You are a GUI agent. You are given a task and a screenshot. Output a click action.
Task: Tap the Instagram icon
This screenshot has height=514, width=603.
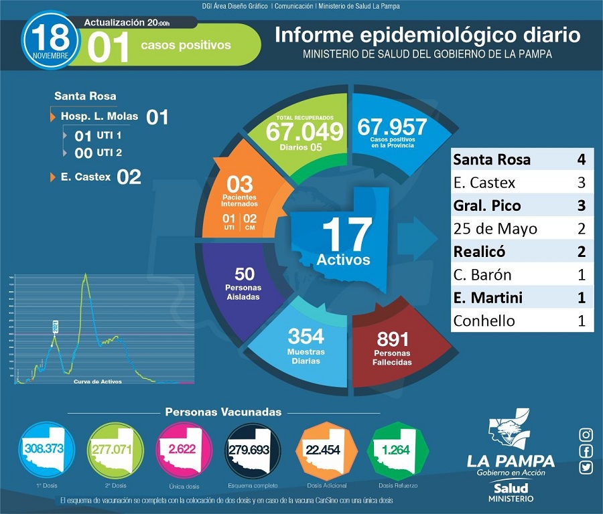[586, 434]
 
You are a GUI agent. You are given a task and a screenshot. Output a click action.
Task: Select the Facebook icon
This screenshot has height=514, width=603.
[586, 451]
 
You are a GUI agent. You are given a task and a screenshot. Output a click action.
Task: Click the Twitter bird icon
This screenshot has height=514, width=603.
[586, 468]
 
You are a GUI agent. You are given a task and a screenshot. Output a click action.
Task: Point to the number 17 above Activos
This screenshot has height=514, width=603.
[346, 234]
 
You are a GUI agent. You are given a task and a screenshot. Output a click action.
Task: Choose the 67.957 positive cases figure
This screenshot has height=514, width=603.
[392, 126]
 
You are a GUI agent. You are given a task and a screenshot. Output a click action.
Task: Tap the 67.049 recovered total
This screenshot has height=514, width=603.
[304, 131]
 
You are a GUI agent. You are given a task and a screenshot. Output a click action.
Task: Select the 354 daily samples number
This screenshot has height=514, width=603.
[306, 335]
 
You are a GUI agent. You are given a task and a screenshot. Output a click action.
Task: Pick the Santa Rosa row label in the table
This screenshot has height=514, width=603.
[492, 159]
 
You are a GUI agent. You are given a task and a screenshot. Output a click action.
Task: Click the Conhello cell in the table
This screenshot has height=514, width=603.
[484, 321]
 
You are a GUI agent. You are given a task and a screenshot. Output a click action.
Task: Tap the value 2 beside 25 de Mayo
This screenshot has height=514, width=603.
[582, 229]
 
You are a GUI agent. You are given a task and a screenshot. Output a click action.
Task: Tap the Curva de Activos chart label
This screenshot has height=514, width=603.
[98, 381]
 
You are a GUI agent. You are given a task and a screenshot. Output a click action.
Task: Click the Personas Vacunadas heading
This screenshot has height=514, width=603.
[223, 412]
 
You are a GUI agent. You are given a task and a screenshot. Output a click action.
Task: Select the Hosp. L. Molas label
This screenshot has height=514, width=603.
[99, 116]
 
